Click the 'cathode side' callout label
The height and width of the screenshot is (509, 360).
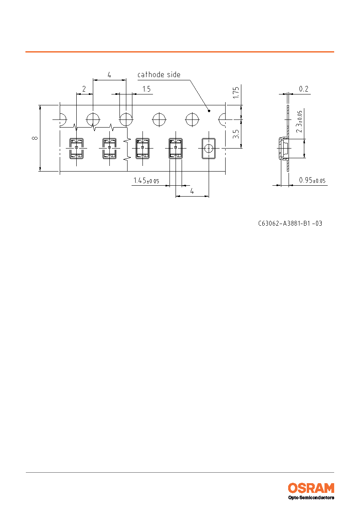[x=159, y=75]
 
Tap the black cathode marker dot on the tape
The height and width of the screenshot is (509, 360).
[x=209, y=111]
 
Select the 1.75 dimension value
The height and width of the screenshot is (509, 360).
[x=236, y=92]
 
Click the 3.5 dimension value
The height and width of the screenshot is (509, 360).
[x=236, y=134]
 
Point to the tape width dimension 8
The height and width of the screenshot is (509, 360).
[x=35, y=138]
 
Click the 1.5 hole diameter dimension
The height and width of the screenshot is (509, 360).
[x=147, y=89]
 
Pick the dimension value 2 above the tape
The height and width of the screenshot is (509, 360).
[x=84, y=89]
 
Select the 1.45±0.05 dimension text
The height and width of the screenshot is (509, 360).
[x=146, y=181]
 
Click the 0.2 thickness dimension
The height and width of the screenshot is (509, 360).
[x=303, y=89]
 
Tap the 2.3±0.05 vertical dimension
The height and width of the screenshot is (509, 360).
[x=299, y=121]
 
